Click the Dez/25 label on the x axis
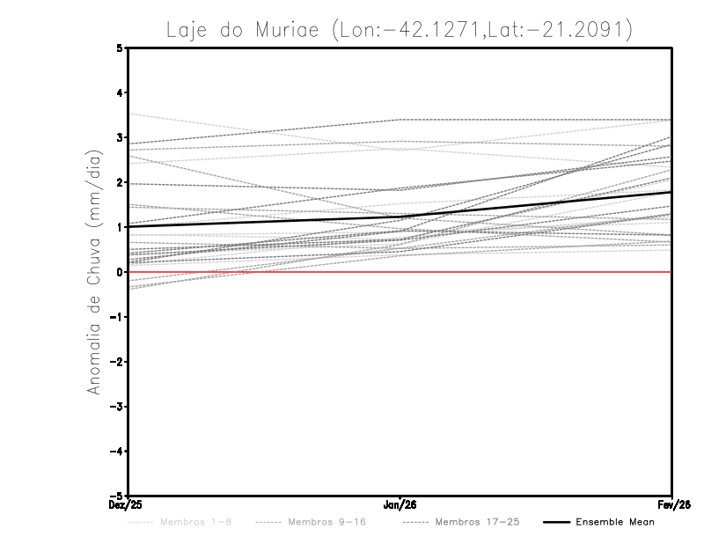(x=128, y=505)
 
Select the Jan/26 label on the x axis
(x=400, y=505)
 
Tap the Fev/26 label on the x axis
(x=671, y=505)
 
